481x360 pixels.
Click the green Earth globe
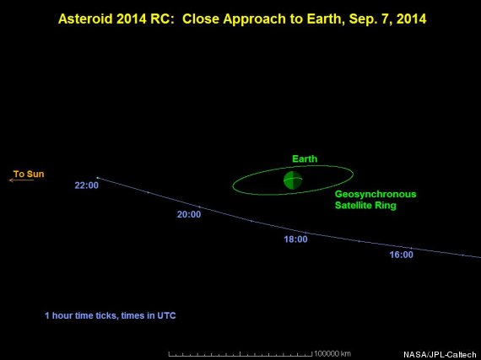point(293,180)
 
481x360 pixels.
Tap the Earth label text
point(305,159)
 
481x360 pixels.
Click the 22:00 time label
point(87,185)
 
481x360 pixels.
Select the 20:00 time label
point(189,214)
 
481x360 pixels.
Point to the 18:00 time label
point(295,239)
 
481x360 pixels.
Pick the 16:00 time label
point(401,255)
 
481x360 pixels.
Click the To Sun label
point(29,174)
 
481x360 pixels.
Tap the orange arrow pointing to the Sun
point(21,180)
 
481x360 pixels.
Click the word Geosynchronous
point(376,194)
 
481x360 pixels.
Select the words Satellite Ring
point(365,205)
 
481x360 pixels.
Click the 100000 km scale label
point(332,353)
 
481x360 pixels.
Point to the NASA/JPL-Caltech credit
point(440,355)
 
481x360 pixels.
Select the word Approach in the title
point(255,19)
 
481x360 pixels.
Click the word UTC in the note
point(166,315)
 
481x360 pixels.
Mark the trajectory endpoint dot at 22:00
point(98,178)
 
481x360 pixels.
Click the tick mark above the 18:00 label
point(305,233)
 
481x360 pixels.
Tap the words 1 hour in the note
point(58,315)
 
